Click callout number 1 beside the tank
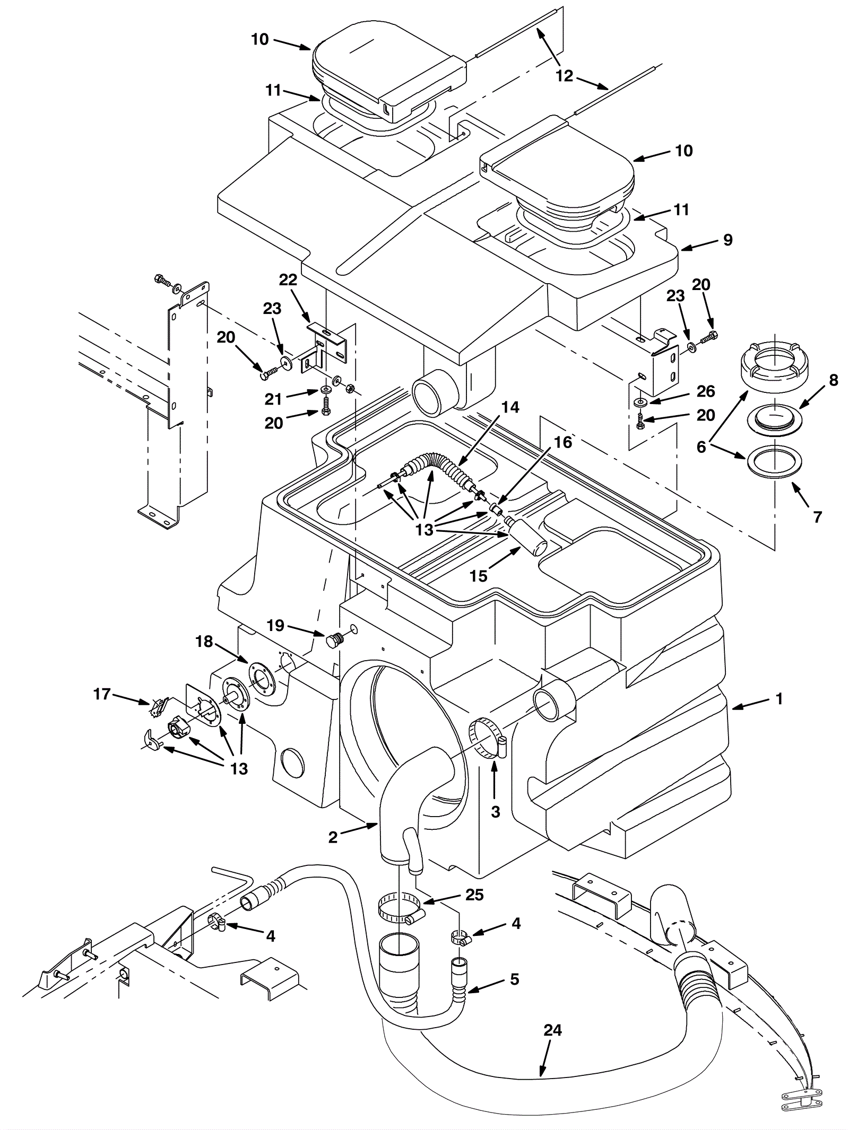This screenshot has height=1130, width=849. (x=779, y=699)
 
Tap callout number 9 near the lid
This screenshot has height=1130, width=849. (x=728, y=240)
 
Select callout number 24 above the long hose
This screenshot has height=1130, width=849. (x=552, y=1030)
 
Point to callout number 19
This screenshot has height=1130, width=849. (x=275, y=626)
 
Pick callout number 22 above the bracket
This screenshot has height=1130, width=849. (x=288, y=280)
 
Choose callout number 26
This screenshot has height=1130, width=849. (x=706, y=391)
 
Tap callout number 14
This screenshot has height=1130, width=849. (x=510, y=407)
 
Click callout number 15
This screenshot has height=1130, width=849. (x=479, y=576)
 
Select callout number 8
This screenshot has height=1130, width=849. (x=834, y=380)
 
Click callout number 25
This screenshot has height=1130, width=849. (x=474, y=895)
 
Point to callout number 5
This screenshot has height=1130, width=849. (x=514, y=979)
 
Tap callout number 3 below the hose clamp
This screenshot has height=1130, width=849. (x=495, y=812)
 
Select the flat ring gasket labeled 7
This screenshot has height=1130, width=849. (x=774, y=455)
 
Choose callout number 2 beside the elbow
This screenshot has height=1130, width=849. (x=333, y=837)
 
